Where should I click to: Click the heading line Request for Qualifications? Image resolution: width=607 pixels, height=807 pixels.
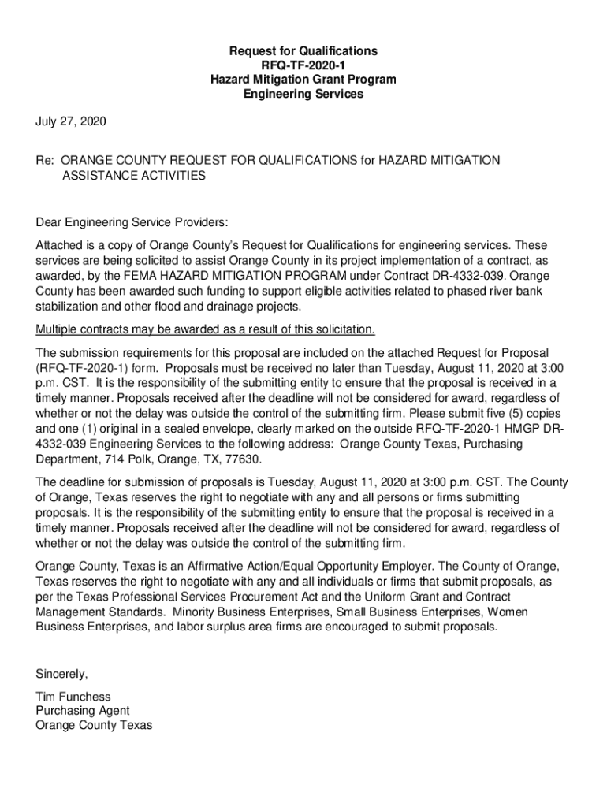pyautogui.click(x=303, y=51)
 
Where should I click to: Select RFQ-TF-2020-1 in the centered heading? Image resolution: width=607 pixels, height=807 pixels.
pyautogui.click(x=303, y=65)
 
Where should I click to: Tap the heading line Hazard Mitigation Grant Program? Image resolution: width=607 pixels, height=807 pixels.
pyautogui.click(x=303, y=80)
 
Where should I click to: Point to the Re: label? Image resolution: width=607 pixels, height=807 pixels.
pyautogui.click(x=44, y=160)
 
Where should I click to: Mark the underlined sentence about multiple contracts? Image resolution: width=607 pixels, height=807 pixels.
pyautogui.click(x=206, y=328)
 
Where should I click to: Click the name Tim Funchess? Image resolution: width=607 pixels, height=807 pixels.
pyautogui.click(x=73, y=697)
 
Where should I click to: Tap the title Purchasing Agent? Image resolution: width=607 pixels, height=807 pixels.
pyautogui.click(x=83, y=711)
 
